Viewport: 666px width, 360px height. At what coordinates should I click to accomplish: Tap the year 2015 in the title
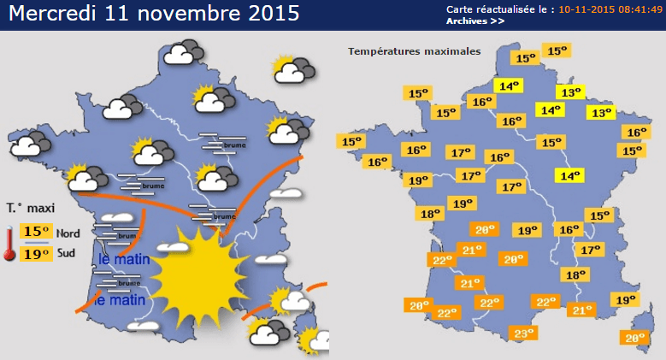pos(266,15)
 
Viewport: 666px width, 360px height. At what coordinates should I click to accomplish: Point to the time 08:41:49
pos(639,9)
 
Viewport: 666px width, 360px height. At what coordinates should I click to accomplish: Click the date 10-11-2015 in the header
pos(586,9)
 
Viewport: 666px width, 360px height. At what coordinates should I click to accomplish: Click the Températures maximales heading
pos(414,51)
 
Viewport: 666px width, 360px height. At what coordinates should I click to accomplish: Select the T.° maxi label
pos(31,207)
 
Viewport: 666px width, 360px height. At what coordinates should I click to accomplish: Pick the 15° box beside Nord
pos(36,231)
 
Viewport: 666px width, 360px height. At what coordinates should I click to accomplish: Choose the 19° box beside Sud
pos(36,253)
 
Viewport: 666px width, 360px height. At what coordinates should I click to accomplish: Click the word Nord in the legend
pos(68,232)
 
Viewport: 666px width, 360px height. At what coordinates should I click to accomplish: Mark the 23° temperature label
pos(523,333)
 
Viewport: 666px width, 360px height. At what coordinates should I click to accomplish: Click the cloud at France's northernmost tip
pos(181,55)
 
